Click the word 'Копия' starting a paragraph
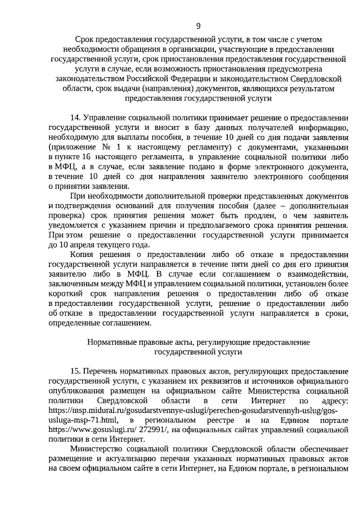[82, 255]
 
